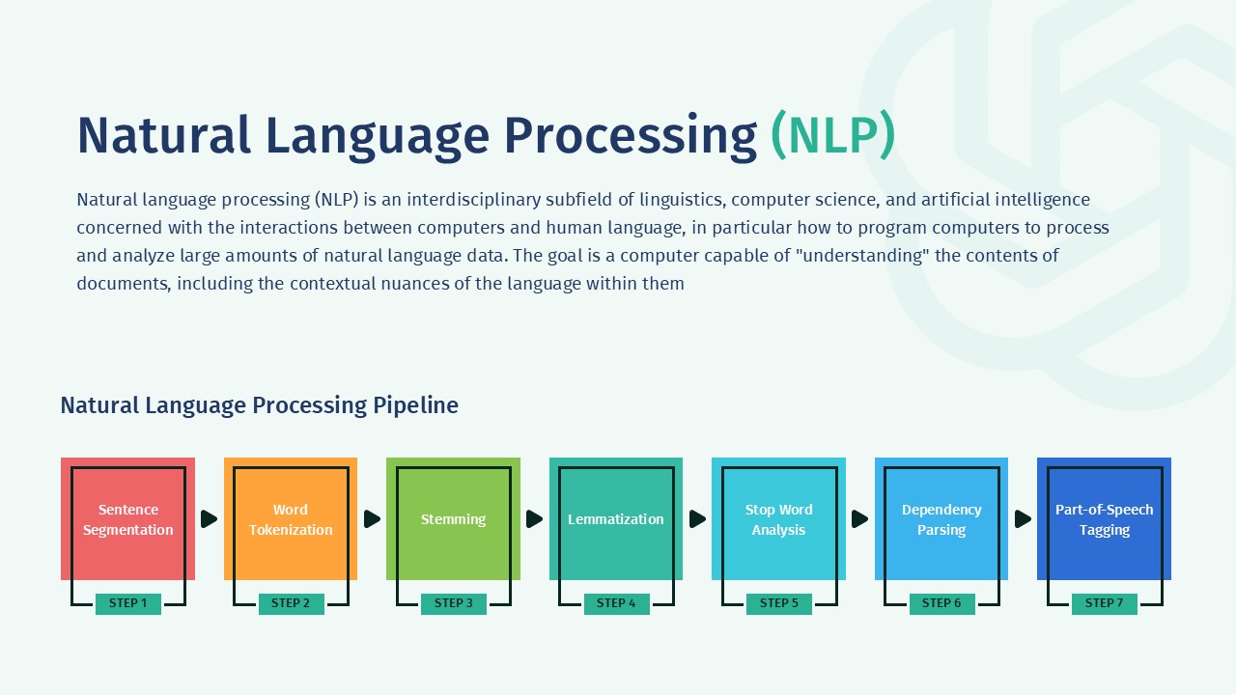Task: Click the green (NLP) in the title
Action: [832, 136]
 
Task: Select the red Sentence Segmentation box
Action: [127, 519]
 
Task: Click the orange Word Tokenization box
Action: [290, 519]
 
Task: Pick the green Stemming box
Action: [453, 519]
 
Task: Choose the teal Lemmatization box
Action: [615, 519]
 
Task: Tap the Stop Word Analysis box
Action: [778, 519]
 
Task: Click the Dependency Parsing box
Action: [941, 519]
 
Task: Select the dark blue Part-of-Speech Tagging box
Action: [1104, 519]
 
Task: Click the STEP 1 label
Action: [127, 603]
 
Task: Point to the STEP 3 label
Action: [453, 603]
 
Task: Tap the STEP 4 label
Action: [616, 603]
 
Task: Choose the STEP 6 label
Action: [941, 603]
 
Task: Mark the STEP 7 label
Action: [1104, 603]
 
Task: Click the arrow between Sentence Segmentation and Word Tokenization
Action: [209, 519]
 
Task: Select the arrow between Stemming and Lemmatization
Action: [534, 519]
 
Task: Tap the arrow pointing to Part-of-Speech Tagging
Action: [1023, 519]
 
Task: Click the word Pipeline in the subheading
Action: [415, 405]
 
